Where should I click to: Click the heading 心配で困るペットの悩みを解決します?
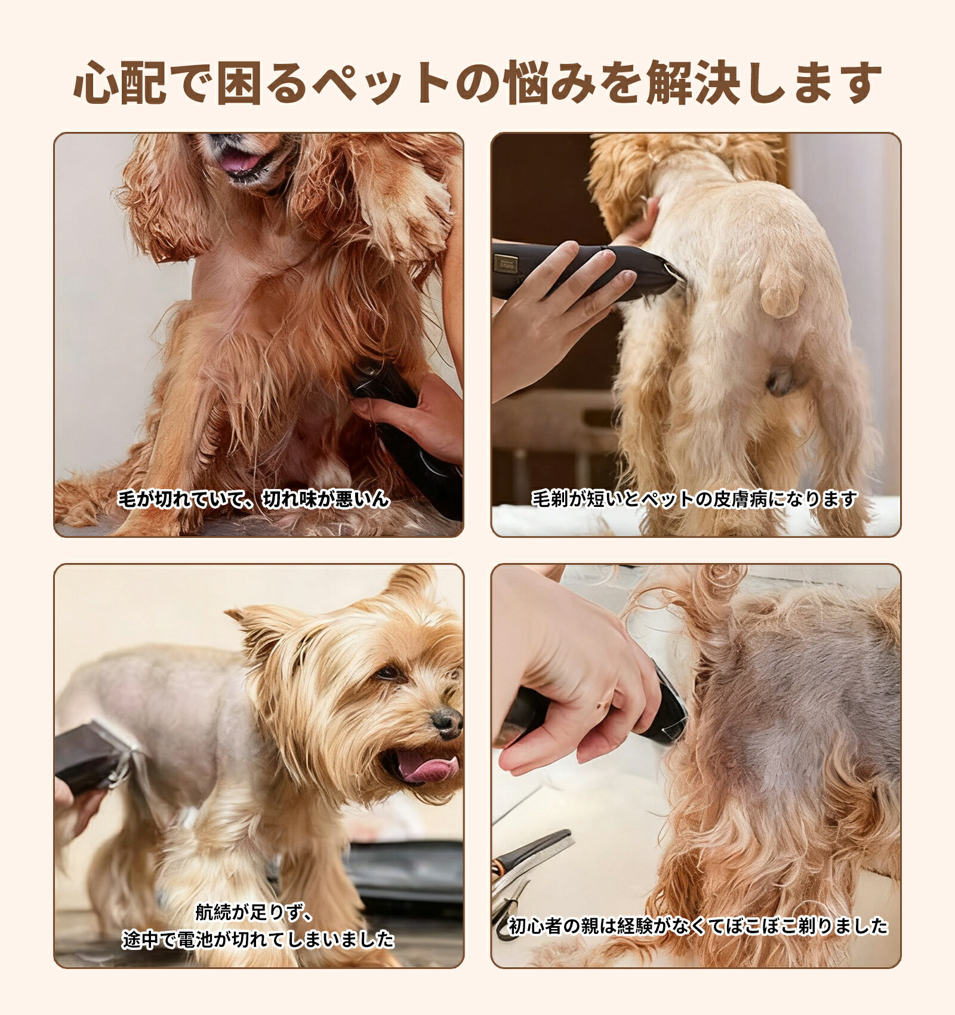click(x=478, y=82)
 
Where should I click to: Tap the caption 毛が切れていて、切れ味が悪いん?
click(x=254, y=499)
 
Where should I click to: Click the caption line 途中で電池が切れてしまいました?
click(x=258, y=939)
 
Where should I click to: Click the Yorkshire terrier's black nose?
click(x=446, y=722)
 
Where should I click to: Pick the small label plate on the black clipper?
click(x=506, y=263)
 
